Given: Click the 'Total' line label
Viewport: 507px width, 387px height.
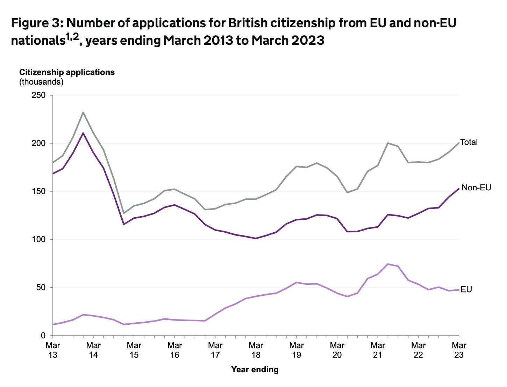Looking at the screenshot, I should (x=469, y=142).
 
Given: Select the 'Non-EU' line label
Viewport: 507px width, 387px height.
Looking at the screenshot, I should (x=476, y=188).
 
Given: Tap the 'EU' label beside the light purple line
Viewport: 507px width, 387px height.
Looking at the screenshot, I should (x=466, y=289).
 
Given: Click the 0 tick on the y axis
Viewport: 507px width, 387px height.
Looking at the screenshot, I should (x=43, y=336).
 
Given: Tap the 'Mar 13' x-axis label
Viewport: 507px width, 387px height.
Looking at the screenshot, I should (x=53, y=350).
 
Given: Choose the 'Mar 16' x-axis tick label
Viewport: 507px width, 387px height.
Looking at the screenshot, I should (x=174, y=350).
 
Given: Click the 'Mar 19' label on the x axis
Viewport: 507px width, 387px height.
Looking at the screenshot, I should (x=296, y=350).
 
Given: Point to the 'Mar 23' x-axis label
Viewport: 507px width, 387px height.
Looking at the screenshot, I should (x=458, y=350).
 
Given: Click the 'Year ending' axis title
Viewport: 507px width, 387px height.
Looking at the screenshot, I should (x=255, y=370).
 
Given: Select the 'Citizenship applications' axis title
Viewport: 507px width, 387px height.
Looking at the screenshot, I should (x=67, y=72).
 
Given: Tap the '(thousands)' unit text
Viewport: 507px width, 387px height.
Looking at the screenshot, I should (x=41, y=82).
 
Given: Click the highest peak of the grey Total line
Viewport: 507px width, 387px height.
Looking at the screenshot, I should (x=83, y=112).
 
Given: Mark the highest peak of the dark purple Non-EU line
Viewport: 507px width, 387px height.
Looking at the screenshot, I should (x=83, y=133).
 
